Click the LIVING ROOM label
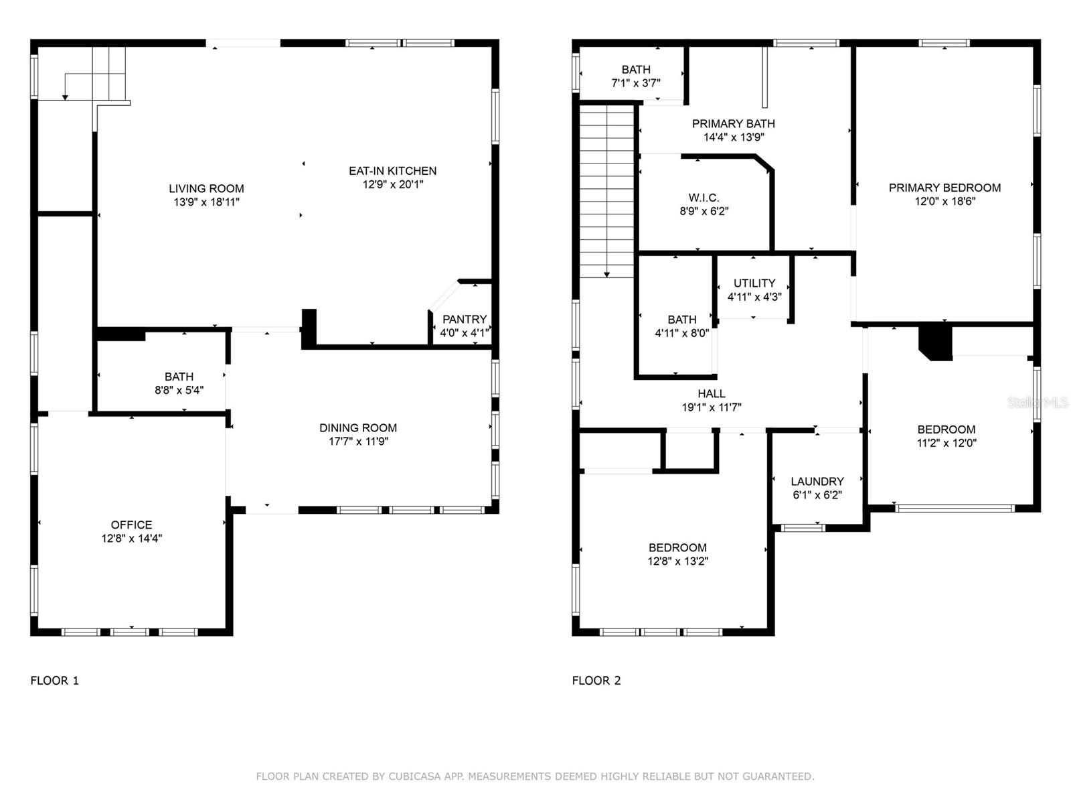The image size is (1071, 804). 206,188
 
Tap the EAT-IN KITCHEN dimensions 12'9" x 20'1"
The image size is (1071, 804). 393,184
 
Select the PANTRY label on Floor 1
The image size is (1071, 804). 464,320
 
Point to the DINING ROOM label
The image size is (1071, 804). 358,428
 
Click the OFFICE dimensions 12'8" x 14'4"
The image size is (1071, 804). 132,539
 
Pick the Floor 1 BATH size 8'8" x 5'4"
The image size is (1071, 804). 179,390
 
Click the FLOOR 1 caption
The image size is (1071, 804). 55,681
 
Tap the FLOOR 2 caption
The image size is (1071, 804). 596,681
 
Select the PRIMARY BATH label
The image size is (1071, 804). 734,124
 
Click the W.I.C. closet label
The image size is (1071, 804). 704,198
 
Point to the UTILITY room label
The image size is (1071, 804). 754,283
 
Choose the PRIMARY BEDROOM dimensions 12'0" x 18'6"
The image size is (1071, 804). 944,201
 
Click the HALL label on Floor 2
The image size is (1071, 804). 712,393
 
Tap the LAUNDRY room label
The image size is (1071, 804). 817,481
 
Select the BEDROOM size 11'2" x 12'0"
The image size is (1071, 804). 946,443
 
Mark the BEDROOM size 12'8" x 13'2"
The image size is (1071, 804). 677,561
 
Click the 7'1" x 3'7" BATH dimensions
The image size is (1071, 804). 636,83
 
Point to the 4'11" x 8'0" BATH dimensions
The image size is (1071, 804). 681,333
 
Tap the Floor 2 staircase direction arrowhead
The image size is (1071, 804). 606,275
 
